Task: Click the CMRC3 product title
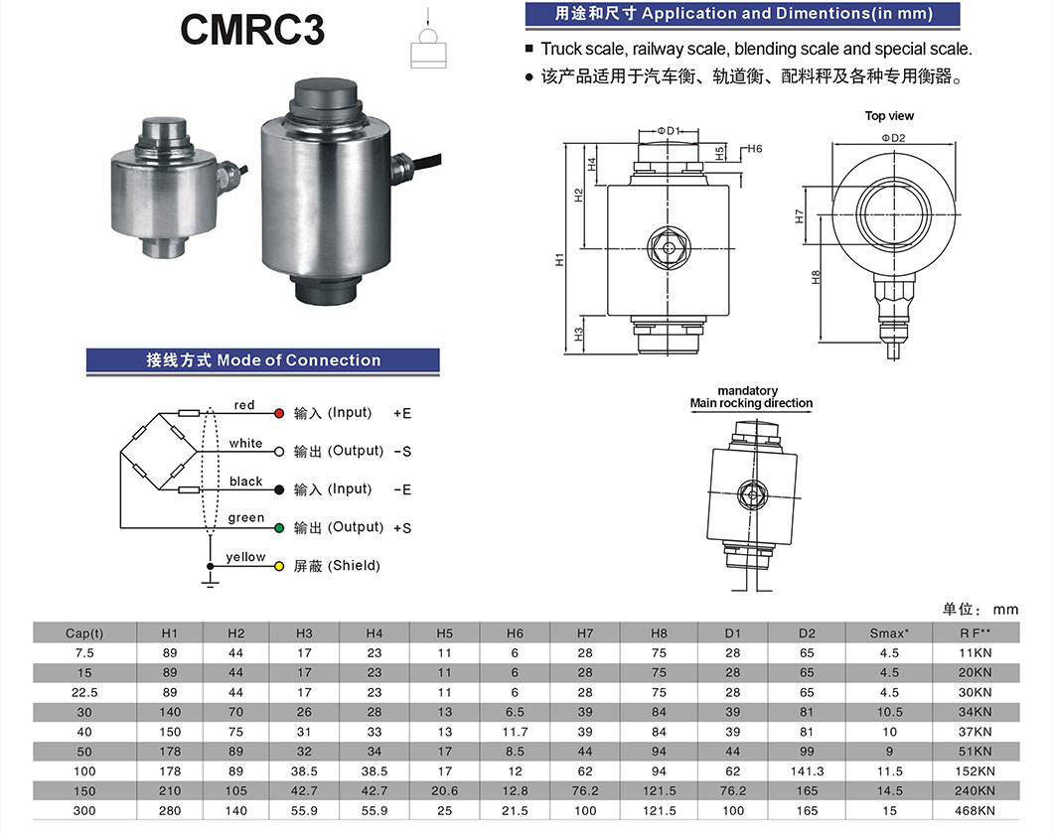click(x=252, y=31)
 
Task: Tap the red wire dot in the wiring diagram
click(x=279, y=413)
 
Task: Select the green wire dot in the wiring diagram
click(x=279, y=527)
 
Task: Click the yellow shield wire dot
click(x=279, y=566)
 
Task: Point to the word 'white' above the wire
click(x=245, y=443)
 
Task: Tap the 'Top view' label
click(x=889, y=116)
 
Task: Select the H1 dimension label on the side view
click(x=560, y=259)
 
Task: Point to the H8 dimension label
click(x=816, y=278)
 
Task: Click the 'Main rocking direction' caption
click(x=751, y=403)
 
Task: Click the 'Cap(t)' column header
click(x=84, y=633)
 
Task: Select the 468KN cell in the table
click(x=975, y=810)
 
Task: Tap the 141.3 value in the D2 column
click(x=806, y=771)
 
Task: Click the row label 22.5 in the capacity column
click(x=84, y=692)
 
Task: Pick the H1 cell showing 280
click(x=170, y=810)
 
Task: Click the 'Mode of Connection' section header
click(x=263, y=360)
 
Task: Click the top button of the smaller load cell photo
click(x=161, y=128)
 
